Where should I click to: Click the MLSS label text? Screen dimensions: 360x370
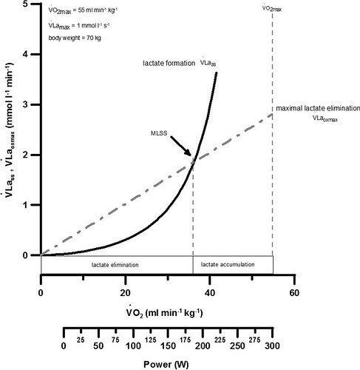point(159,133)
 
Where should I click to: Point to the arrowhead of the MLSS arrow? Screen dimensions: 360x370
point(190,155)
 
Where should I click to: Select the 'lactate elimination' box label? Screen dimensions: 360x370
point(115,265)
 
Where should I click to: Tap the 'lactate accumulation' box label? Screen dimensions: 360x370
point(228,264)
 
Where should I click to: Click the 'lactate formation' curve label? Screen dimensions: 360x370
point(169,63)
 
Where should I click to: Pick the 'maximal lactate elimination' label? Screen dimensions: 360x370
point(318,108)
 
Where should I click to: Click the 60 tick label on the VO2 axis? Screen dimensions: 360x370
point(294,293)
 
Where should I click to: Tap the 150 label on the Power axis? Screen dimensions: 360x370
point(168,346)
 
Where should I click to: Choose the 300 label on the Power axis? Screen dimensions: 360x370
point(272,346)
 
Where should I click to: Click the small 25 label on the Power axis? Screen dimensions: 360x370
point(81,340)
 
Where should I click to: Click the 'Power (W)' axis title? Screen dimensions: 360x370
point(166,364)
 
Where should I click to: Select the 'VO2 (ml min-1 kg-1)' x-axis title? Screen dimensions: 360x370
point(165,312)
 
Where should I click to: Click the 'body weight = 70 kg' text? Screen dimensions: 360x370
point(75,38)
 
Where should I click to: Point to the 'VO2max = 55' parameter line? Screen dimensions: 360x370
point(83,11)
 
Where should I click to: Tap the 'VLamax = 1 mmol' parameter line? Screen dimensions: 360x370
point(79,25)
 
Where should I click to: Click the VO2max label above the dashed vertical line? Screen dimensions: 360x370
point(272,9)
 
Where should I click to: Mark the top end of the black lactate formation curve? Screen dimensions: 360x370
point(216,73)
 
